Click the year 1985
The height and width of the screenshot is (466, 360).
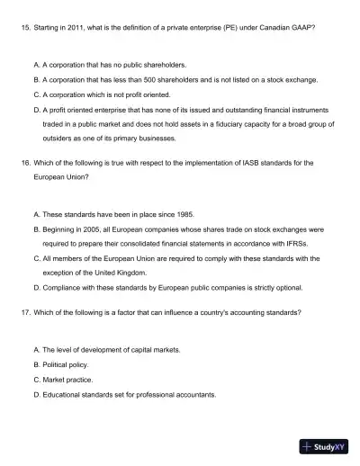tap(169, 215)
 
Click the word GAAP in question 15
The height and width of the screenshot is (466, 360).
tap(301, 28)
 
